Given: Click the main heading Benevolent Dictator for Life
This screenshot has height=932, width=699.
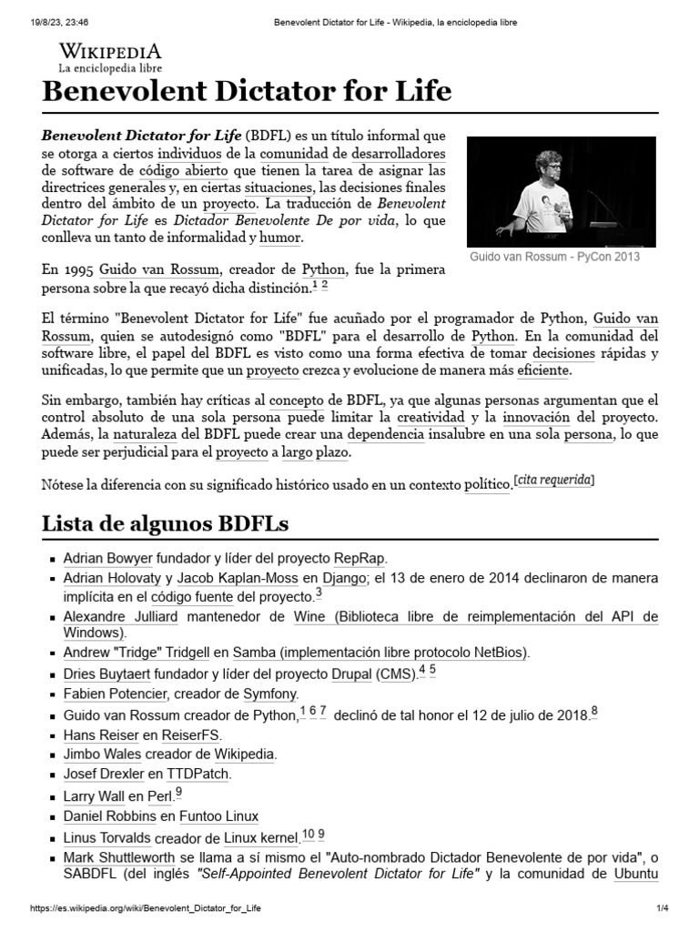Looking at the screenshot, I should [x=247, y=91].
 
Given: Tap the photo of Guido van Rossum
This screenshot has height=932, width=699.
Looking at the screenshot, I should [x=561, y=191].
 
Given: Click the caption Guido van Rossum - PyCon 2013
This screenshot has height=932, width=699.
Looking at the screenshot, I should [x=554, y=257].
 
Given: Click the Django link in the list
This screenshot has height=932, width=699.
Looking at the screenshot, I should [x=343, y=579].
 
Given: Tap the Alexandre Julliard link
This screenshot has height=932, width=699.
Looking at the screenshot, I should [x=121, y=617].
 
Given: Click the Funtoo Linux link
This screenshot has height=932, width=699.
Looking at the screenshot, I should [x=218, y=816].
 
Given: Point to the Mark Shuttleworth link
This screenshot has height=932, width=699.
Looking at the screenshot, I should [x=116, y=857].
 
